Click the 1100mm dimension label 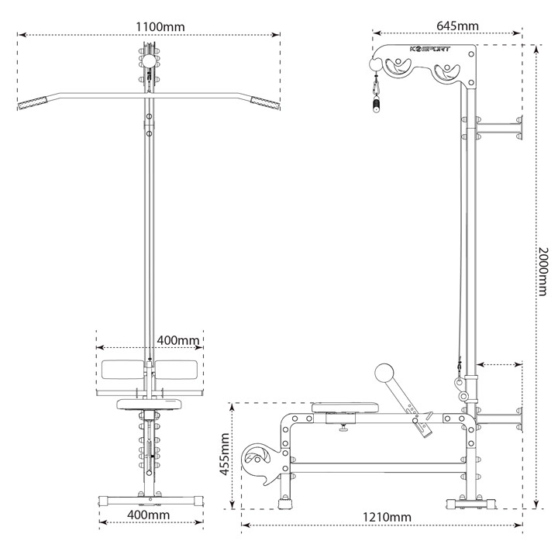[160, 26]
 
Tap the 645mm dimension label [457, 26]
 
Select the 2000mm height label [542, 272]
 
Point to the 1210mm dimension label [387, 517]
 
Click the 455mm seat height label [224, 454]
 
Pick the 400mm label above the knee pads [178, 340]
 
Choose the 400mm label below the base [148, 515]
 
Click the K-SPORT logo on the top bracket [430, 49]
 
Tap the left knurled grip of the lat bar [33, 103]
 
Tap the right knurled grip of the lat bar [265, 103]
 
